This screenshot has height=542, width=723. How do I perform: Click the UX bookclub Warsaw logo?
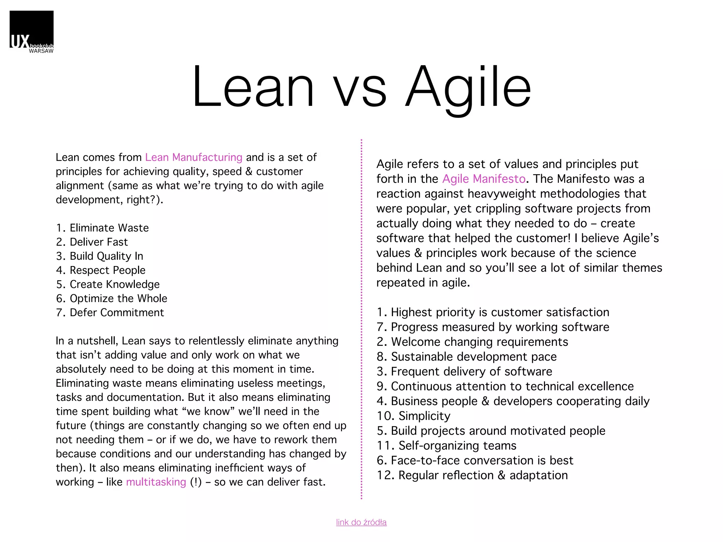31,32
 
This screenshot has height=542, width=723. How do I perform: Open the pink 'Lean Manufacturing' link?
193,157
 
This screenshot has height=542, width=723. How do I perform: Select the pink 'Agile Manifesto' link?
484,179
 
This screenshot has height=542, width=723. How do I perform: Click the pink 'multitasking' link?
156,482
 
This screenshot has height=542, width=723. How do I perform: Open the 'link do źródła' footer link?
361,522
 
